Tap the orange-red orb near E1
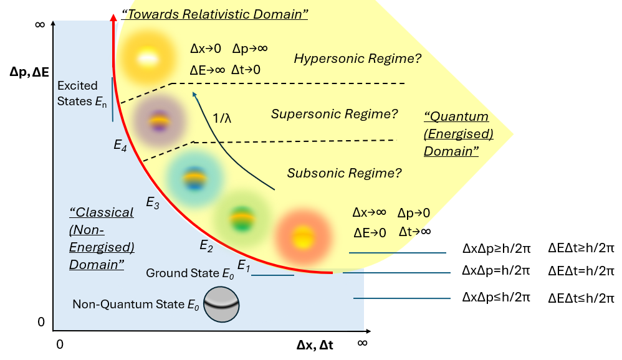pos(302,235)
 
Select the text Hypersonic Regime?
pos(358,59)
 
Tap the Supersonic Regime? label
pos(334,114)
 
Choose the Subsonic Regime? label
pos(344,173)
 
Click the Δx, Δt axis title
pos(315,344)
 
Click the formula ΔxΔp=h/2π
pos(495,271)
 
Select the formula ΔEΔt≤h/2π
pos(581,298)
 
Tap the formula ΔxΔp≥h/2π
pos(495,248)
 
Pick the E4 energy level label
pos(121,145)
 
